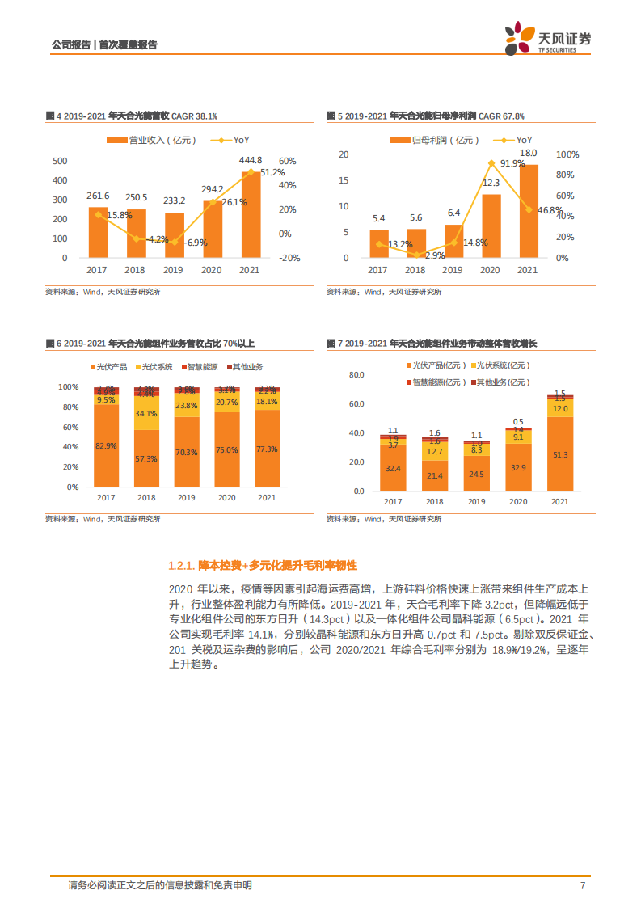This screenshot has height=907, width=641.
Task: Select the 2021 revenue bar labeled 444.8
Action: click(251, 214)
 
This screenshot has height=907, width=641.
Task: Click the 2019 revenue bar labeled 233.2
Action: click(175, 234)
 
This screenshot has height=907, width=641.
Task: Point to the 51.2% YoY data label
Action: click(272, 172)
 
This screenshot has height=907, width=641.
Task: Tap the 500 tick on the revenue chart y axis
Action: click(60, 161)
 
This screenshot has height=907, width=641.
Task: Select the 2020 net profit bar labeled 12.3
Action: click(491, 226)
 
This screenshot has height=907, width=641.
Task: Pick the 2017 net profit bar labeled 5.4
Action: click(378, 243)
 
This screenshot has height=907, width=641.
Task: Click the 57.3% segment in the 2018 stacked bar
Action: click(145, 458)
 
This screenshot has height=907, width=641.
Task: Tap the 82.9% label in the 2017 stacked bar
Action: click(105, 446)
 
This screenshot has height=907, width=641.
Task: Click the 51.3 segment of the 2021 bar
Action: click(559, 456)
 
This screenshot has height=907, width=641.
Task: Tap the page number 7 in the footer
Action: click(582, 885)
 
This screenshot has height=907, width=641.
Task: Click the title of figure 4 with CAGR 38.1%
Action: click(132, 116)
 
